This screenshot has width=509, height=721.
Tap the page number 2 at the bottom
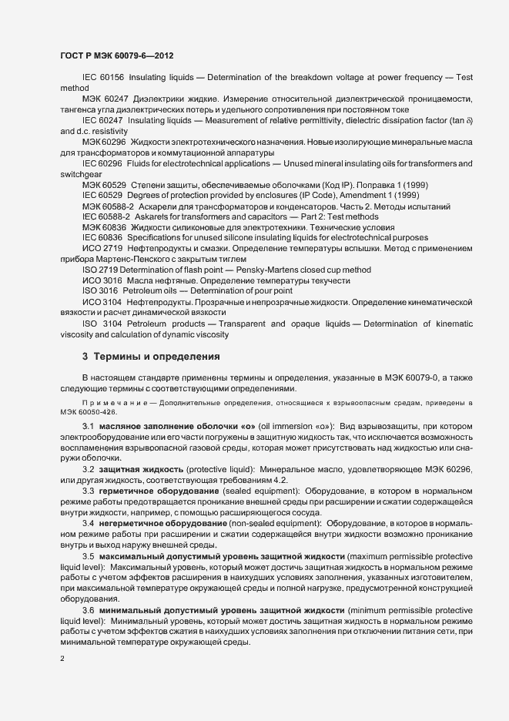[x=62, y=659]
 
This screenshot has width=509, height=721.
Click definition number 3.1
[x=88, y=426]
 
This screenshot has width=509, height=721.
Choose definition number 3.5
[x=88, y=556]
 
